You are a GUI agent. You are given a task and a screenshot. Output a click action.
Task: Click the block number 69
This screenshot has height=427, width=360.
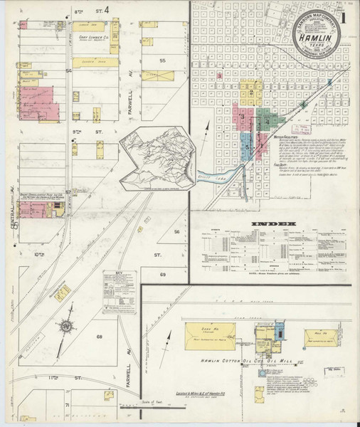162,274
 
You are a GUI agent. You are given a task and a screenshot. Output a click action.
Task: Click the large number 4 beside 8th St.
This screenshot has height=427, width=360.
106,11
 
